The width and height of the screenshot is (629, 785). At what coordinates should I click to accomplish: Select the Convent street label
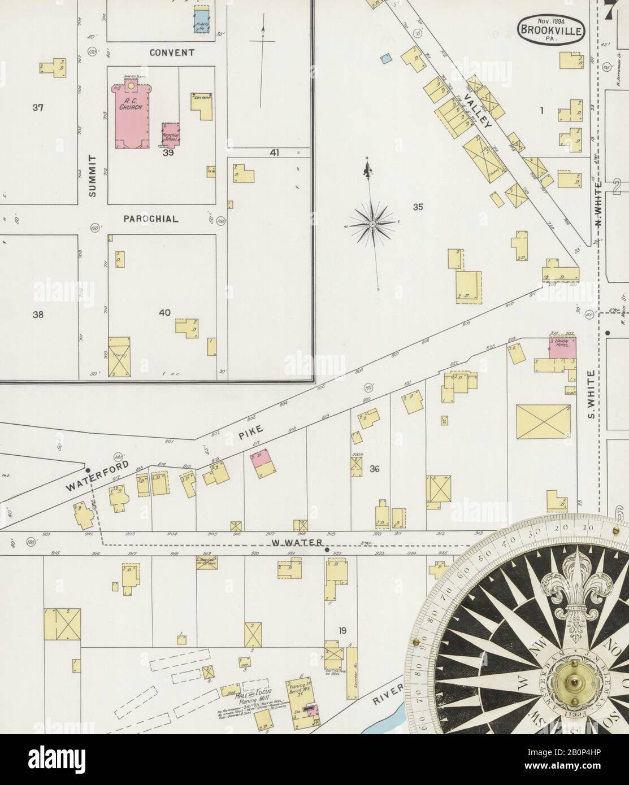pyautogui.click(x=172, y=53)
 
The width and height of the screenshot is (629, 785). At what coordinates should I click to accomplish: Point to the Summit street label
pyautogui.click(x=93, y=175)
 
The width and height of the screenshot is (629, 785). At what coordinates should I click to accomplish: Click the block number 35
pyautogui.click(x=418, y=207)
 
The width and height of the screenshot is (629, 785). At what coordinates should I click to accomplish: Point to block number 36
pyautogui.click(x=374, y=469)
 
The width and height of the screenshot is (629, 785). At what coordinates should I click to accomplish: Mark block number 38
pyautogui.click(x=38, y=315)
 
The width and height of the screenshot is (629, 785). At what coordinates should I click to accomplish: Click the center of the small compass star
pyautogui.click(x=372, y=224)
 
